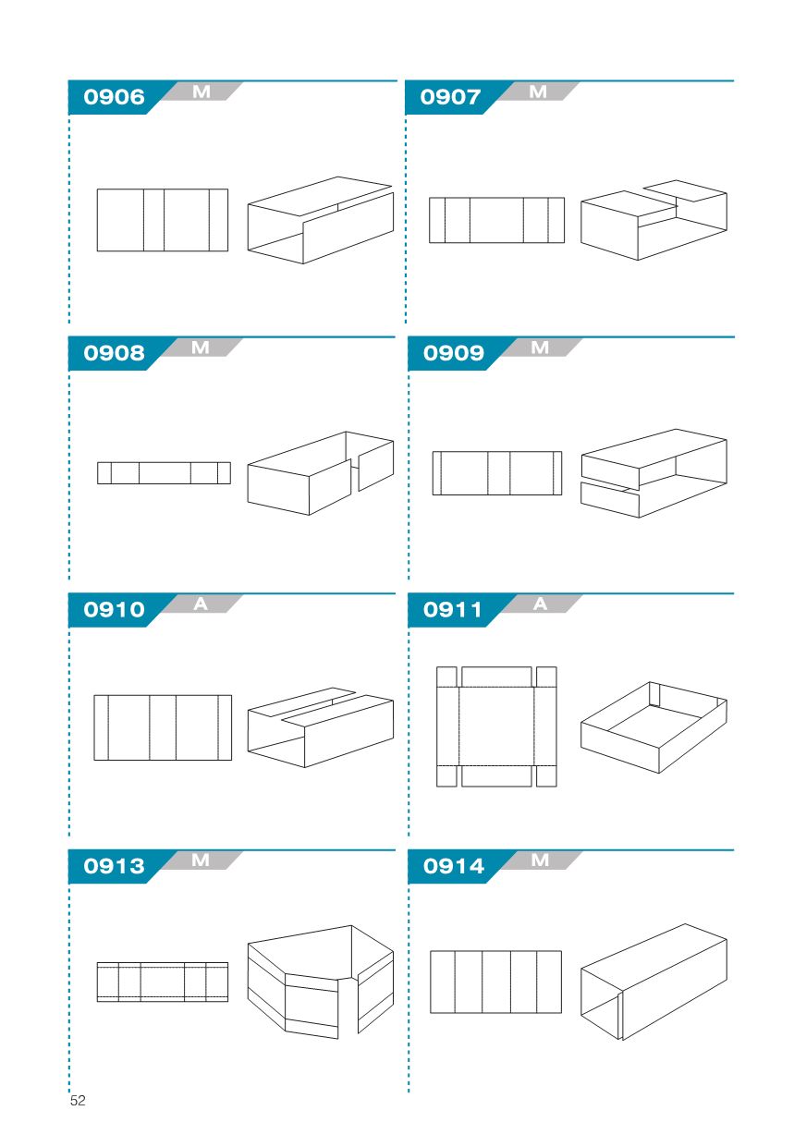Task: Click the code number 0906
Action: tap(115, 97)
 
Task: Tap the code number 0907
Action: tap(451, 97)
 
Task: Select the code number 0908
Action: tap(115, 353)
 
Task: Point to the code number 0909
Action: tap(454, 353)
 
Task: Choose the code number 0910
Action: tap(115, 609)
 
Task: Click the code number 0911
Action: tap(453, 609)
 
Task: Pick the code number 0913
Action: tap(115, 866)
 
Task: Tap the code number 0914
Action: tap(454, 866)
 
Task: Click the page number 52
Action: tap(78, 1100)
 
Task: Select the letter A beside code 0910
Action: tap(201, 604)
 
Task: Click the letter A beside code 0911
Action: tap(540, 604)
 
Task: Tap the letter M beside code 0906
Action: tap(201, 92)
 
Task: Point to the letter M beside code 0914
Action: tap(540, 860)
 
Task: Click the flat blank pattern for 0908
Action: tap(164, 472)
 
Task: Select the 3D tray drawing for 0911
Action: tap(653, 727)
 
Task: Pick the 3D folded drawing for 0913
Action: tap(321, 982)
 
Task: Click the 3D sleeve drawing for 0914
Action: tap(653, 982)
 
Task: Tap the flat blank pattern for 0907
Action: tap(496, 220)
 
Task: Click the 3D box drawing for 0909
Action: tap(653, 473)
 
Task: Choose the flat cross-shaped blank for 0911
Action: tap(496, 726)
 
